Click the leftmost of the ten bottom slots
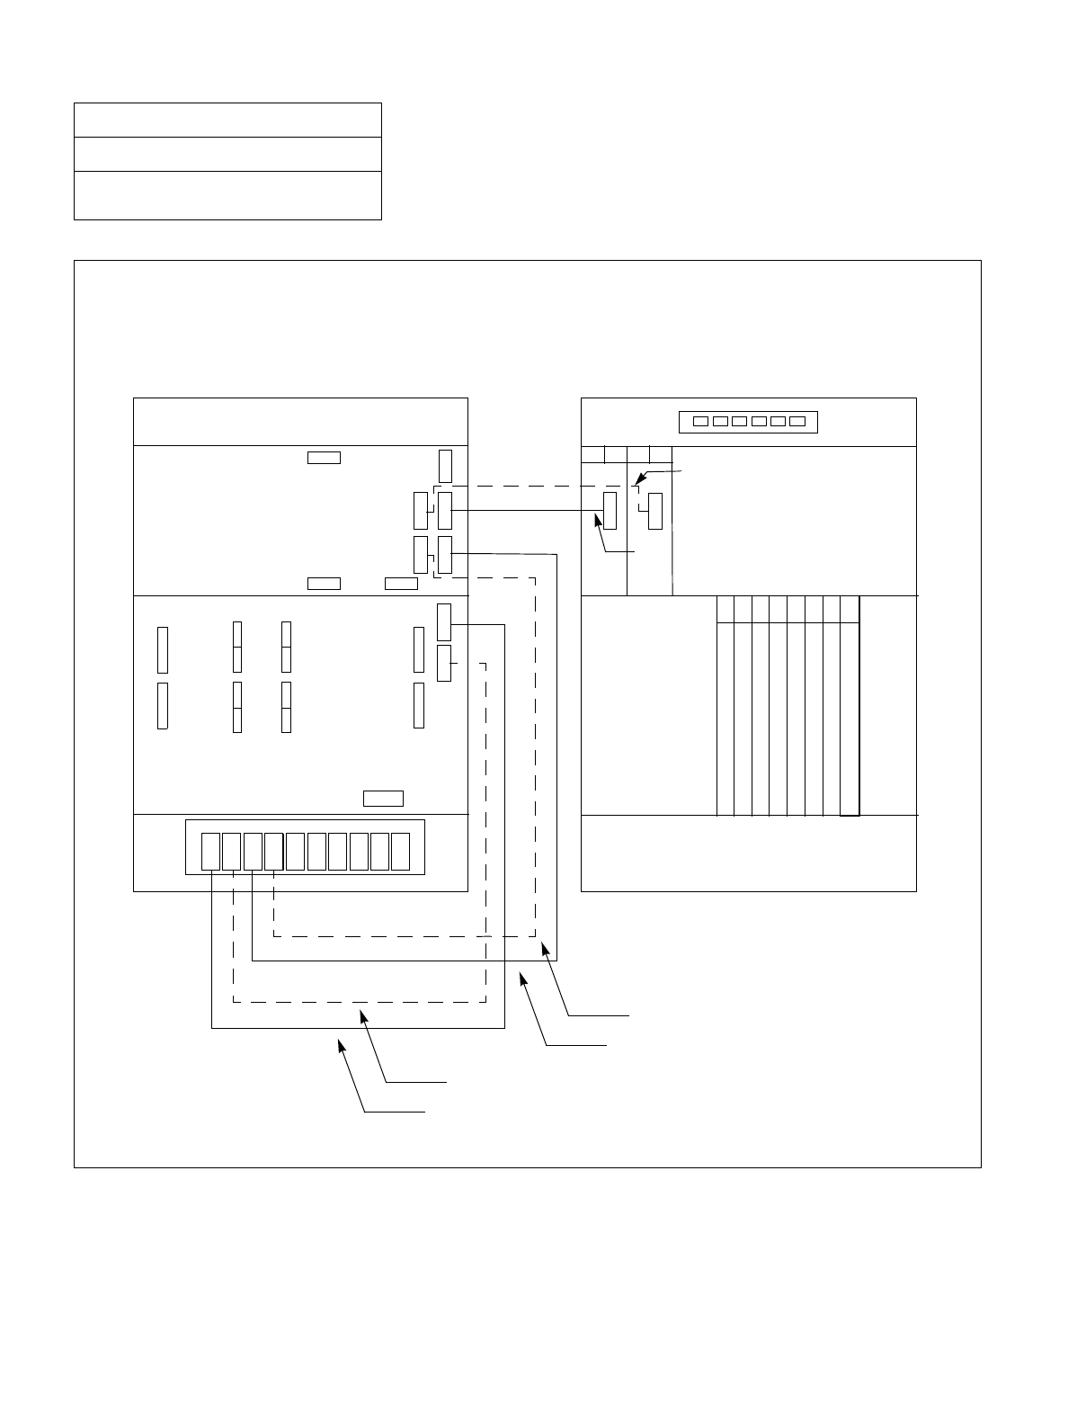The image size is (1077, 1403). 209,852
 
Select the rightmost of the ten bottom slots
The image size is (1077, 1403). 400,852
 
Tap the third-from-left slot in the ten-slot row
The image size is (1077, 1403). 253,852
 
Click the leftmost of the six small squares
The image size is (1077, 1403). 700,421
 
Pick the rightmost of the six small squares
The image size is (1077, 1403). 797,421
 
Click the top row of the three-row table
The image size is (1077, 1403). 227,120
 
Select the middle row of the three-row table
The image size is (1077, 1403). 227,154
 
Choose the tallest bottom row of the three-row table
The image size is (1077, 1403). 227,195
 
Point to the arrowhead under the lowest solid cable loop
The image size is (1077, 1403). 341,1044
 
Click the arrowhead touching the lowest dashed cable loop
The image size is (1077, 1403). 363,1014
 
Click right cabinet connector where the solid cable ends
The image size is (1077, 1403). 610,511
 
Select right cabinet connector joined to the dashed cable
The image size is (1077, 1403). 654,511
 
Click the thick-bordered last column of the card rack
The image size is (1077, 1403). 850,705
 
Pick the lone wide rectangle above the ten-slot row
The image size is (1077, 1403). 383,798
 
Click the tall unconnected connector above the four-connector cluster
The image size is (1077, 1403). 445,465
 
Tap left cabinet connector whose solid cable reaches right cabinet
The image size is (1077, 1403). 444,511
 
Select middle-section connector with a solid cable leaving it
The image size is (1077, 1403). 443,622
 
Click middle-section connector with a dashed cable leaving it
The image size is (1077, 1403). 443,663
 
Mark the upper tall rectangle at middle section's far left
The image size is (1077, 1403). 163,650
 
